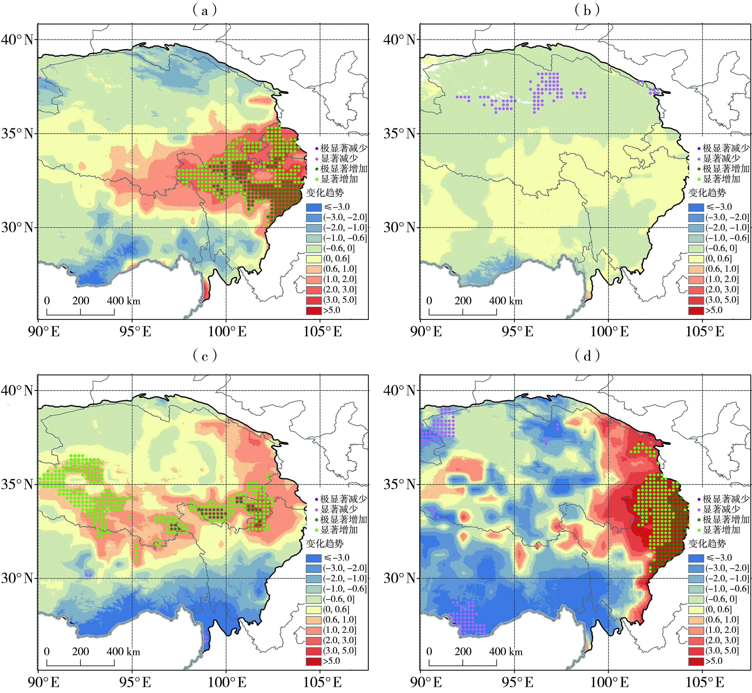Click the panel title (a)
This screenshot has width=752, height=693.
(x=204, y=10)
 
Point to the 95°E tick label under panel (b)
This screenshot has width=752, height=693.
(x=518, y=331)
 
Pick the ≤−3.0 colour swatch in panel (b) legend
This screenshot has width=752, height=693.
(x=696, y=207)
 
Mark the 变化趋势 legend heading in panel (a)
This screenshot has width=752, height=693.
(x=325, y=193)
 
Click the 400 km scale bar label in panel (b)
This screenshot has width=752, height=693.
(x=506, y=301)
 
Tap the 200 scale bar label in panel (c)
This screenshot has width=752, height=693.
(x=81, y=651)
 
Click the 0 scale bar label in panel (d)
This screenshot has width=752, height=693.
(x=429, y=651)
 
